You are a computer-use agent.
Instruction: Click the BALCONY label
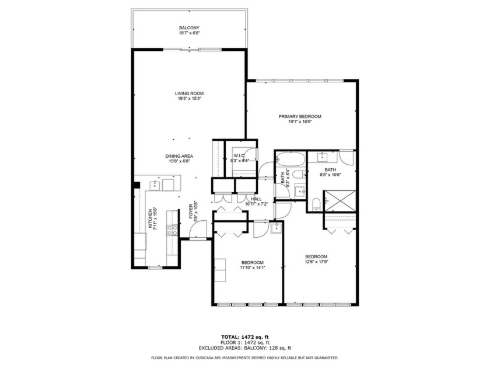(189, 28)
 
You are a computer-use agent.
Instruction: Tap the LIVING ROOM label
(189, 93)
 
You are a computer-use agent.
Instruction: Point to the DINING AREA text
(180, 156)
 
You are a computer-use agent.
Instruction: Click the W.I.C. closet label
(240, 156)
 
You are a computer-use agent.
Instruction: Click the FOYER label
(190, 210)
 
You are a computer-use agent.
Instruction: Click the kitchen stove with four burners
(173, 230)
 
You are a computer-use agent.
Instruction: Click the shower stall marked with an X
(339, 200)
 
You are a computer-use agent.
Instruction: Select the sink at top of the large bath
(323, 157)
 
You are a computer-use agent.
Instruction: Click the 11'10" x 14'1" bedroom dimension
(253, 268)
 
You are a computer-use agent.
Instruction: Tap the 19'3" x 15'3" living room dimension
(189, 99)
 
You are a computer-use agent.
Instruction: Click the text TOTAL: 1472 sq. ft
(245, 337)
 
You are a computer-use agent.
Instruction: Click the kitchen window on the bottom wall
(154, 267)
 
